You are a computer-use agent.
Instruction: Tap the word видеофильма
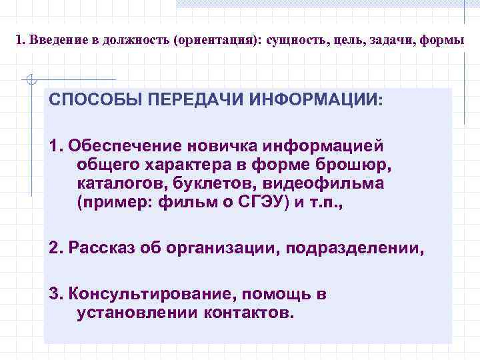coord(324,183)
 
